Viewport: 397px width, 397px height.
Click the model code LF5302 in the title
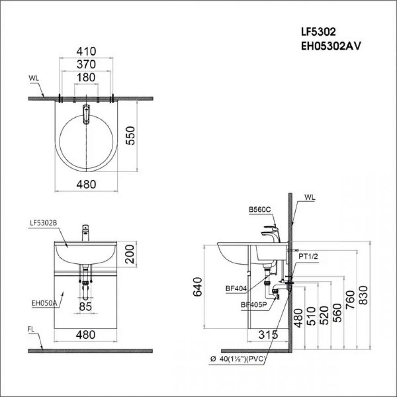pyautogui.click(x=318, y=32)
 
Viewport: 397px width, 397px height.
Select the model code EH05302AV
pyautogui.click(x=330, y=47)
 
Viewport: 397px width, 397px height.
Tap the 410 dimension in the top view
pyautogui.click(x=86, y=52)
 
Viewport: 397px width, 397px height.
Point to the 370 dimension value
pyautogui.click(x=86, y=64)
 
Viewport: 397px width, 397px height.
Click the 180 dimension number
pyautogui.click(x=86, y=78)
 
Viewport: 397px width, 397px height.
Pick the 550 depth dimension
pyautogui.click(x=131, y=136)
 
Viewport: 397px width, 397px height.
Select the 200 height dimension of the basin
pyautogui.click(x=130, y=254)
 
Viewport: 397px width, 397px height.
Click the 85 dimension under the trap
pyautogui.click(x=85, y=307)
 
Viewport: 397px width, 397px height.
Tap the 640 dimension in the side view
pyautogui.click(x=198, y=287)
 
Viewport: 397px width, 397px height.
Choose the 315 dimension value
pyautogui.click(x=268, y=335)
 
